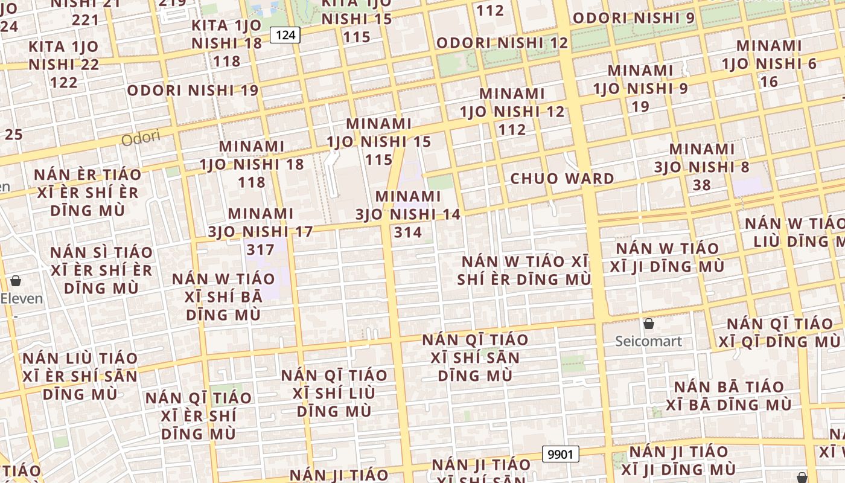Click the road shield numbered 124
point(285,35)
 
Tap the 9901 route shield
point(560,454)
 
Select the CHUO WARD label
point(562,179)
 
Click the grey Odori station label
point(141,138)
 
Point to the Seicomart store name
point(648,341)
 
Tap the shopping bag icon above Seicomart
point(649,324)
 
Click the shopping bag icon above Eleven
point(16,281)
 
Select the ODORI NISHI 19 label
point(193,91)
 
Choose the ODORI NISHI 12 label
point(502,43)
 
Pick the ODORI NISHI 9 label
point(634,18)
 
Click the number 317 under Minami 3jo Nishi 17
point(261,249)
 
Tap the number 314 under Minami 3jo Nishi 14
point(407,232)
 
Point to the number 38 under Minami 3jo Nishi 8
point(701,185)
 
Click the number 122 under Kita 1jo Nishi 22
point(64,82)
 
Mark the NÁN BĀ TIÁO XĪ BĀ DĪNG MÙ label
point(729,395)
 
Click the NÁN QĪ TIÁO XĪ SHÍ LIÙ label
point(334,393)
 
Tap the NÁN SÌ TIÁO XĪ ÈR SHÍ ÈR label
point(101,270)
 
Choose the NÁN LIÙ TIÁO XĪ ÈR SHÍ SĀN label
point(80,376)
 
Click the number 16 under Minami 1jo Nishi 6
point(769,82)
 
